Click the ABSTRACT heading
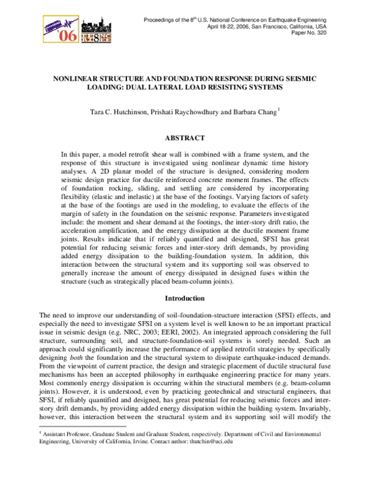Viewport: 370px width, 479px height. point(185,137)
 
